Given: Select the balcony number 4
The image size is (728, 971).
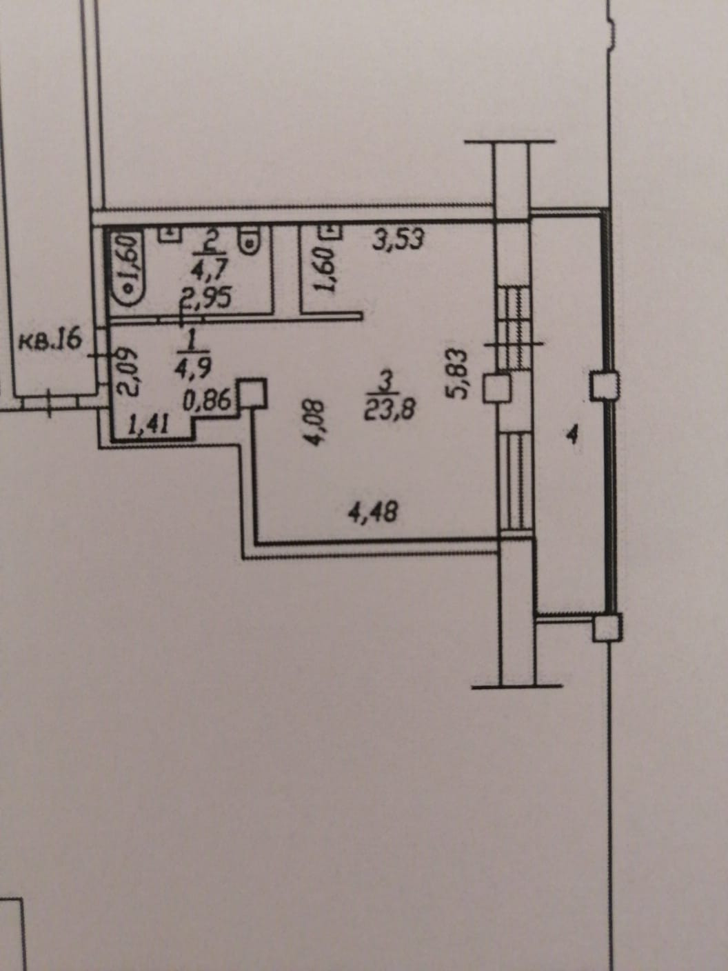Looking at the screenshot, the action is pyautogui.click(x=571, y=436).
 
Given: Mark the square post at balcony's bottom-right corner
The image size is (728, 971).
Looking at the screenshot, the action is pyautogui.click(x=606, y=628).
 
